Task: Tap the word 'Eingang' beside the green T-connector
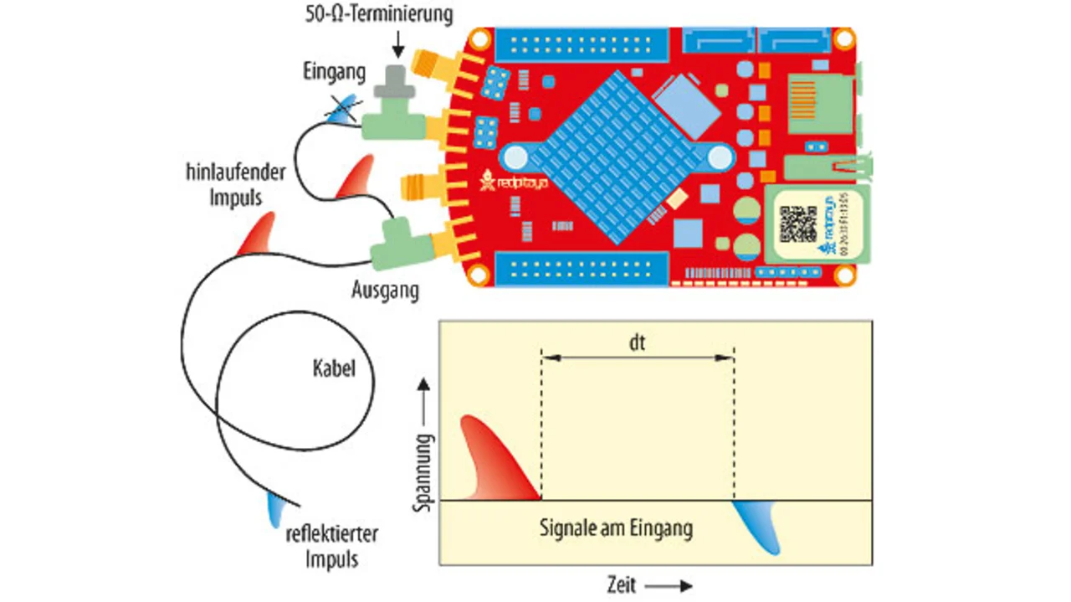(x=334, y=72)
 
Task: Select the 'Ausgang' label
(x=385, y=291)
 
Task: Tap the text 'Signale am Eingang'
(x=617, y=528)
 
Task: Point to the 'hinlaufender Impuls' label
(x=235, y=185)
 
